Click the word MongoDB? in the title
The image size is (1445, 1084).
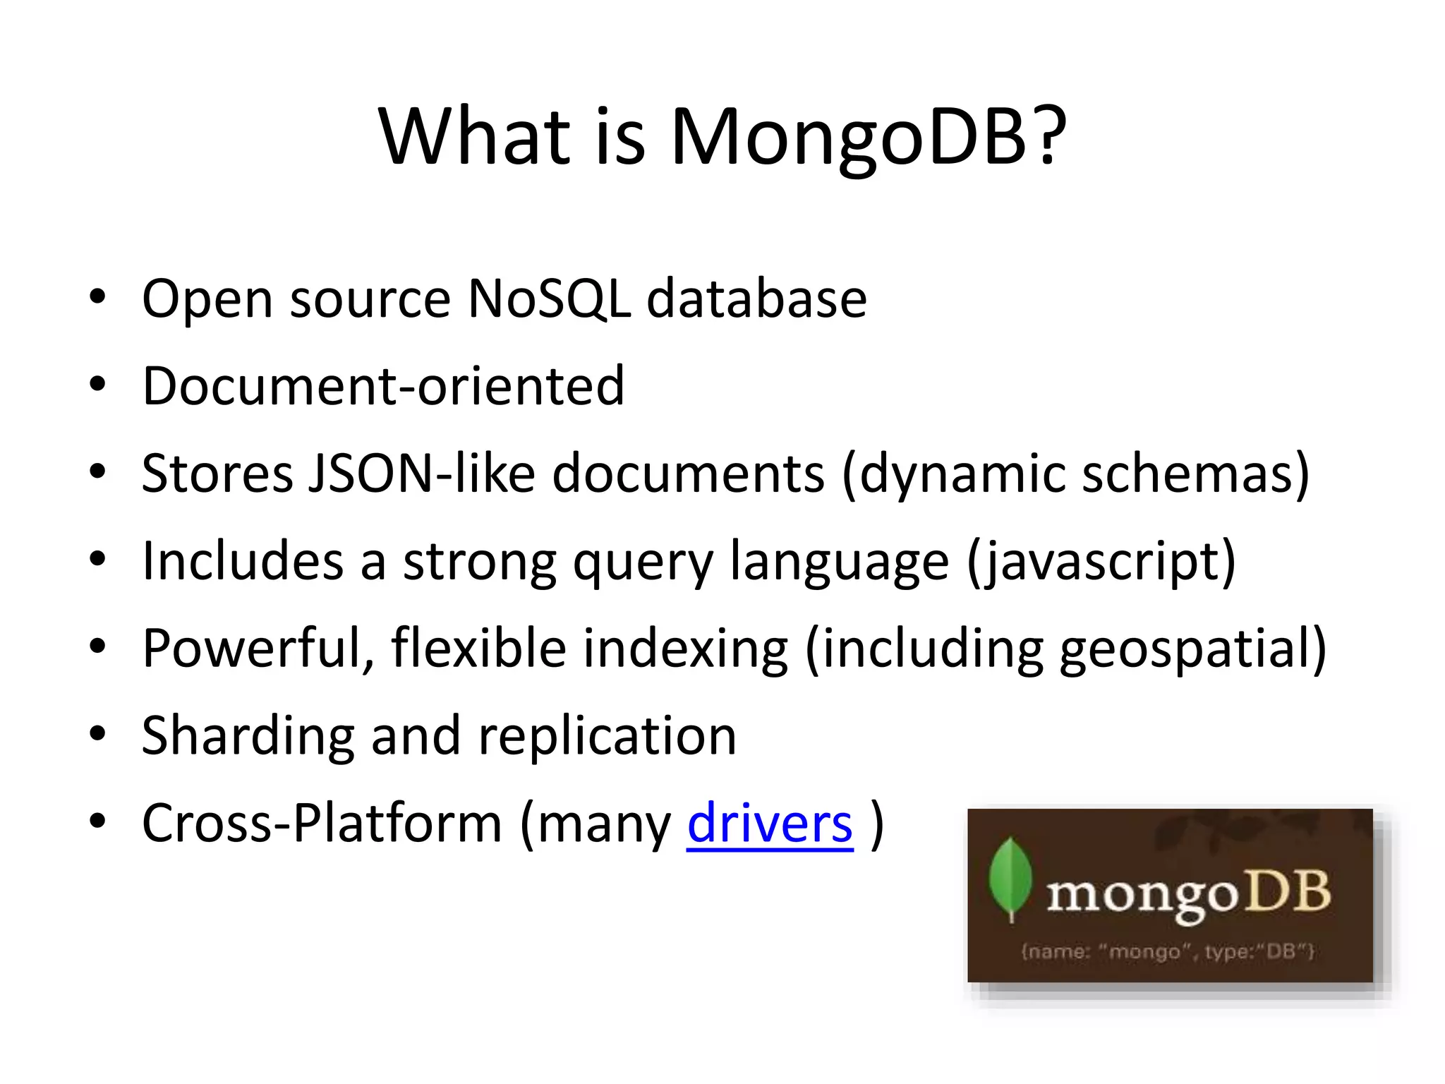coord(868,138)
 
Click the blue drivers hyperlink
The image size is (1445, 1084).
coord(770,824)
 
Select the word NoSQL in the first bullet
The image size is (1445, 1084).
coord(549,299)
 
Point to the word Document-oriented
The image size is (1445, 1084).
coord(383,386)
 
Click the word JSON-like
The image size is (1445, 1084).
coord(422,473)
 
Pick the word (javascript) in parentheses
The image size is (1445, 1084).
coord(1101,561)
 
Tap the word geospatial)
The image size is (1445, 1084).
coord(1192,648)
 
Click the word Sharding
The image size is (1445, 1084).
coord(247,736)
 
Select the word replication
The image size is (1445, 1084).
coord(607,736)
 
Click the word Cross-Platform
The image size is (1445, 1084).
coord(322,824)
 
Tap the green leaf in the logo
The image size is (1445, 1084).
coord(1010,877)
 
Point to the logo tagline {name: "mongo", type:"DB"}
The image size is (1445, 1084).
coord(1168,951)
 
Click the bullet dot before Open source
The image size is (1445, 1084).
coord(97,296)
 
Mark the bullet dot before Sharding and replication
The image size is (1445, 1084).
coord(97,734)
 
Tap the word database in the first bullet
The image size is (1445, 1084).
coord(756,299)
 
